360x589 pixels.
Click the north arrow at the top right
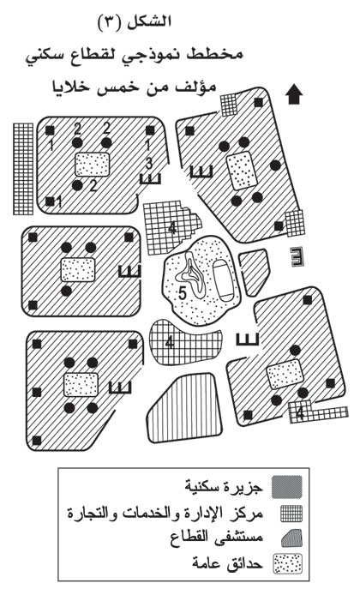click(294, 94)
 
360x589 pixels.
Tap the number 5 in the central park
click(182, 292)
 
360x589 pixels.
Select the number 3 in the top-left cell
click(149, 164)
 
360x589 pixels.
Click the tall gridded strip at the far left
click(23, 169)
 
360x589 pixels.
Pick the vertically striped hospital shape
click(185, 409)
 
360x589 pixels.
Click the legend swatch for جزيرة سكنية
click(287, 487)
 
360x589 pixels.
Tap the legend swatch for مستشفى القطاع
click(291, 538)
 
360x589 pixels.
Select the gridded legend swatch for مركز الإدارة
click(291, 514)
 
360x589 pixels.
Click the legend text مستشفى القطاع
click(217, 538)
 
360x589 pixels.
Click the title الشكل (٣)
click(135, 21)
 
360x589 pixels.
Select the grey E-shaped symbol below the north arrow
click(297, 257)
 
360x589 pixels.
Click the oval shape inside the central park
click(223, 279)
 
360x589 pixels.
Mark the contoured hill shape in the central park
click(191, 276)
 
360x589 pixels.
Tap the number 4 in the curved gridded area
click(170, 343)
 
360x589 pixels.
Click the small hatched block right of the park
click(254, 272)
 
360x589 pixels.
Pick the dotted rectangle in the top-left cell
click(93, 165)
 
